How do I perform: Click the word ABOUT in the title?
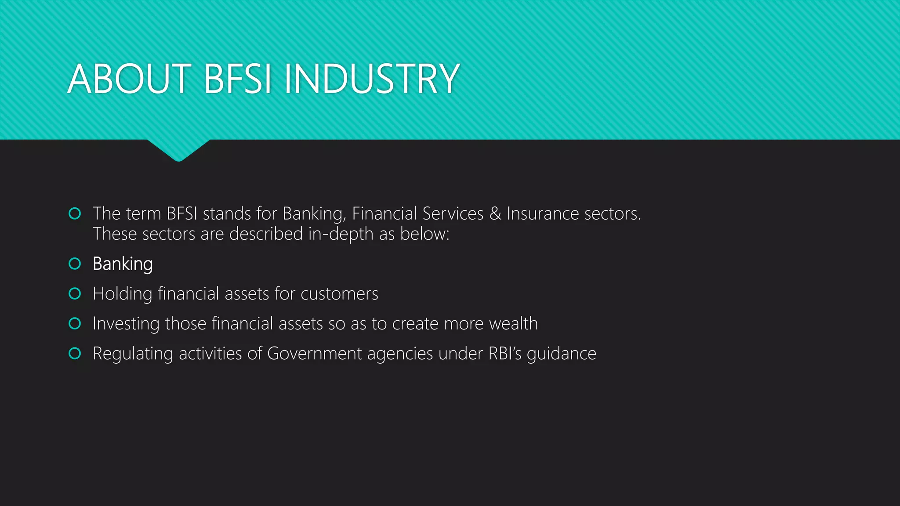(x=129, y=79)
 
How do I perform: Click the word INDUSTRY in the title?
(x=372, y=79)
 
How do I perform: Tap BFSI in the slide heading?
(x=237, y=79)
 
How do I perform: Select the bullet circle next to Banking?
(x=75, y=264)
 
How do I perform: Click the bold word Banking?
(x=123, y=264)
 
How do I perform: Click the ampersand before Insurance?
(x=495, y=213)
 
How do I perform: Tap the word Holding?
(x=122, y=294)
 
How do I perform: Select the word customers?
(x=339, y=294)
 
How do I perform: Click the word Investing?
(x=126, y=324)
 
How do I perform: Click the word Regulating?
(x=133, y=354)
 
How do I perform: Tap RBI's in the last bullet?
(x=505, y=354)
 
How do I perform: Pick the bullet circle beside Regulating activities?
(x=75, y=353)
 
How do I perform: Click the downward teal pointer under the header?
(x=178, y=149)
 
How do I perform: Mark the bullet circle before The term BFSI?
(x=75, y=213)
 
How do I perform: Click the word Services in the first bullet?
(x=453, y=213)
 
